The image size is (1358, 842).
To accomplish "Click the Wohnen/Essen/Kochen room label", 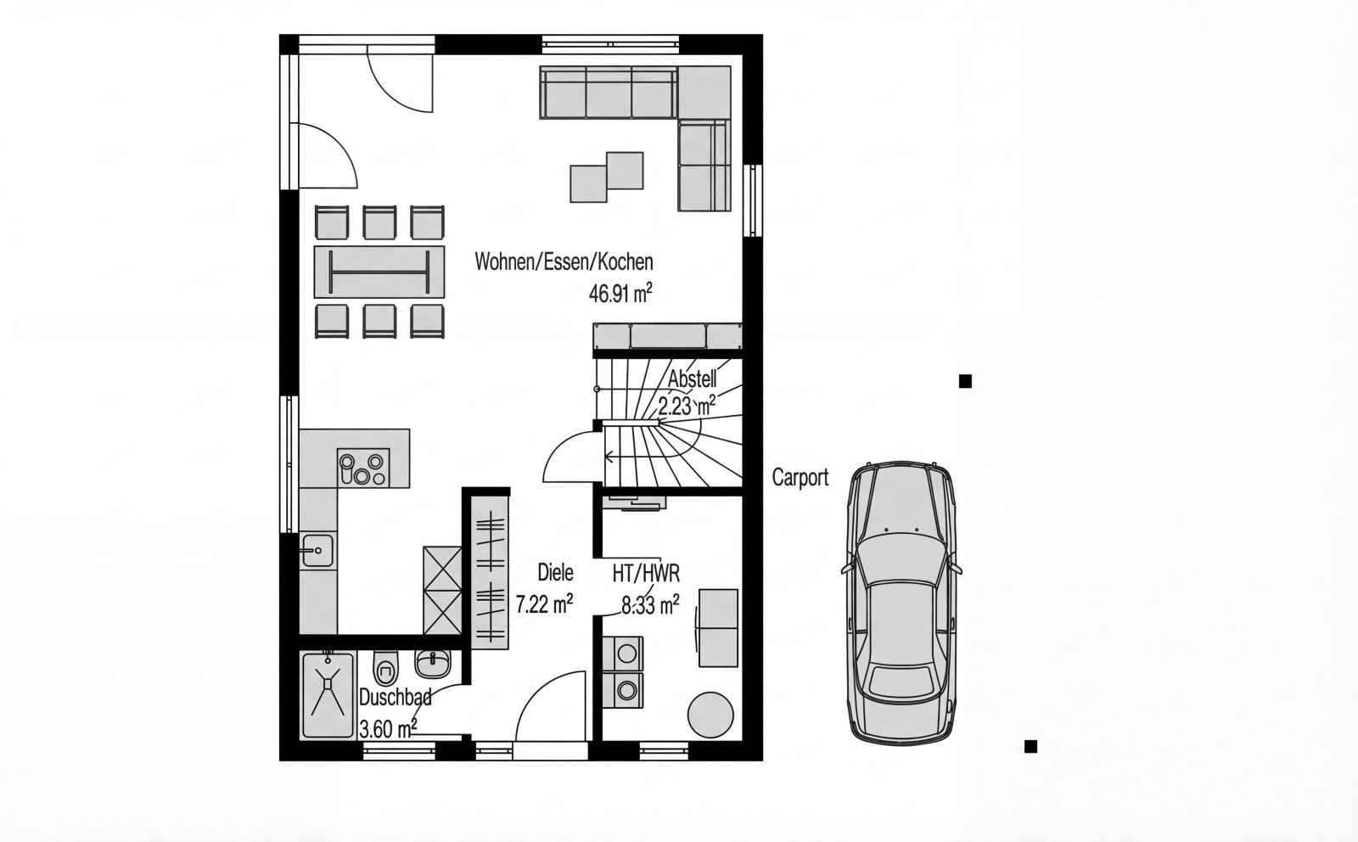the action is click(564, 262).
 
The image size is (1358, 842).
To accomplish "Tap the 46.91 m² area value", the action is click(620, 294).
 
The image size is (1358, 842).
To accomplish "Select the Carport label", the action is click(800, 478).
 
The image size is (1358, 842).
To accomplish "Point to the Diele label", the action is click(555, 572).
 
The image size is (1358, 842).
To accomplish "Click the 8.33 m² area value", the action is click(650, 605).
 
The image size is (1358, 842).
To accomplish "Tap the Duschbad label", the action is click(396, 697).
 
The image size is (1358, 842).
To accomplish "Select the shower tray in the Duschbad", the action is click(328, 695).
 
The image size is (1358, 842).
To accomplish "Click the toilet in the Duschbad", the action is click(385, 667).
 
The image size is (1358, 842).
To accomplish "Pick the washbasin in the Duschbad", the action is click(433, 663).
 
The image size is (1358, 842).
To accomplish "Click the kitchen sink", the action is click(317, 550).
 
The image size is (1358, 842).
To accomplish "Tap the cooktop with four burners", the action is click(363, 469).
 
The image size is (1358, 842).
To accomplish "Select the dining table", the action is click(379, 272).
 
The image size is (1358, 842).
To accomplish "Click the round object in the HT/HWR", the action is click(710, 715).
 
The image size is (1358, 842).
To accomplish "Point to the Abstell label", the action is click(693, 379).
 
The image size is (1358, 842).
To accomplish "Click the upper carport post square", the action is click(965, 381).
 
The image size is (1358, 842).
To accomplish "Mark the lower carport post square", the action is click(1030, 747).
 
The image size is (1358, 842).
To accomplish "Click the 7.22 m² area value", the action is click(544, 604).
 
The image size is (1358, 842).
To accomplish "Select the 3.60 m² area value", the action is click(388, 728).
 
